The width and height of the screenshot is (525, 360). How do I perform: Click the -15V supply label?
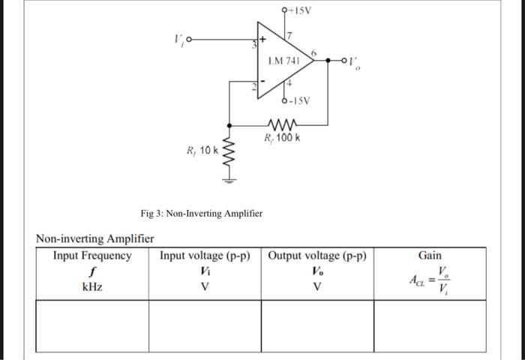tap(299, 101)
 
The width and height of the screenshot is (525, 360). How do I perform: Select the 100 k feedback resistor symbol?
tap(283, 124)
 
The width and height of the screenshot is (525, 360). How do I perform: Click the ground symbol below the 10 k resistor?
tap(229, 179)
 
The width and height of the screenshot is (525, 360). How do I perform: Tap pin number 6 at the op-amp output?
tap(314, 51)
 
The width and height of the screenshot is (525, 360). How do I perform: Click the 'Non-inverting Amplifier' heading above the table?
tap(95, 238)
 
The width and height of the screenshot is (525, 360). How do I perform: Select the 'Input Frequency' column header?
tap(91, 256)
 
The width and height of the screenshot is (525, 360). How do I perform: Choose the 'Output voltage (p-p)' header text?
tap(316, 256)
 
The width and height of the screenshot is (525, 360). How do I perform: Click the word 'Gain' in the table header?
tap(429, 256)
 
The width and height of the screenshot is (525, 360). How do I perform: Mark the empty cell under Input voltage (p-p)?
tap(205, 325)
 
